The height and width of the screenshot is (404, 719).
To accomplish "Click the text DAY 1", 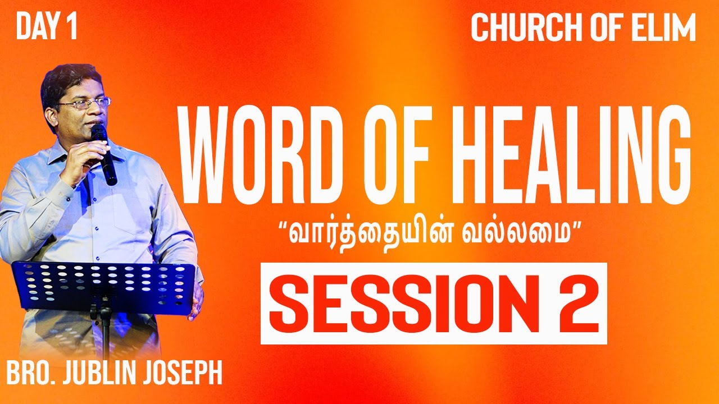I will (x=46, y=28).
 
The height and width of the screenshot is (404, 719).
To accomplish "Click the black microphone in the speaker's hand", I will (x=104, y=154).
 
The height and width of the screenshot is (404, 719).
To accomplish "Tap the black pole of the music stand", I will (x=104, y=331).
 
